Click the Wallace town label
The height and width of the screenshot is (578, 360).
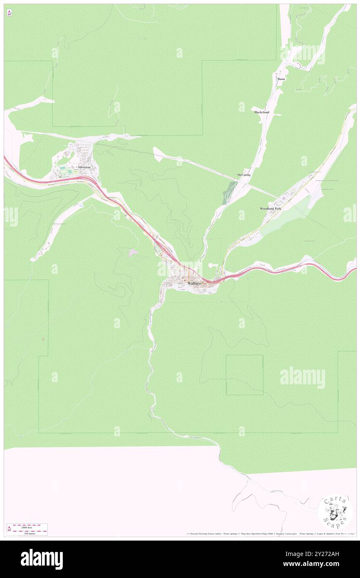(194, 283)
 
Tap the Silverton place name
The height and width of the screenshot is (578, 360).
(84, 167)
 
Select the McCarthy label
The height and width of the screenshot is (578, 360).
(244, 175)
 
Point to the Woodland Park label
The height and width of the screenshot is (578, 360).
(271, 208)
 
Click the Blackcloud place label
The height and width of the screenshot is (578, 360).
(262, 112)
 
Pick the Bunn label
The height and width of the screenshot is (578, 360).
(281, 79)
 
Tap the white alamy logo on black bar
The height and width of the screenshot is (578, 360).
(42, 559)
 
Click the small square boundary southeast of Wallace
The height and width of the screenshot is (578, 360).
(244, 375)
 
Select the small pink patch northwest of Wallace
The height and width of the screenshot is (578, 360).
(133, 252)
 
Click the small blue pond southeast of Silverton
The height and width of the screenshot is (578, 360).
(80, 205)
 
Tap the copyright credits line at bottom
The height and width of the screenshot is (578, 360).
(270, 534)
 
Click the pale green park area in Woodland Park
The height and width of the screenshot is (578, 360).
(291, 216)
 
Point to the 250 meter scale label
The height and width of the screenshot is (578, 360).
(29, 533)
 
